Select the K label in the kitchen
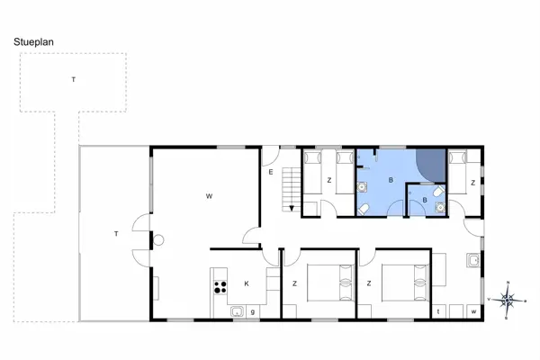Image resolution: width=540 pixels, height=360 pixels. (246, 283)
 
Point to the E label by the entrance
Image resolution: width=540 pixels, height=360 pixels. (269, 172)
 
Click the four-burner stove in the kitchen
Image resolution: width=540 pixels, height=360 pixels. (218, 288)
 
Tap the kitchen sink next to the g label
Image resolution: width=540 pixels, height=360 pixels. (238, 311)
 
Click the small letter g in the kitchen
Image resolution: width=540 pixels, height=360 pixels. (253, 311)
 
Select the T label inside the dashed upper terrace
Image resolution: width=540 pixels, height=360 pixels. (74, 80)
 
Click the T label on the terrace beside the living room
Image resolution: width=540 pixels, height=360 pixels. (116, 234)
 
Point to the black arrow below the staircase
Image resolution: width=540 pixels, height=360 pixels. (292, 209)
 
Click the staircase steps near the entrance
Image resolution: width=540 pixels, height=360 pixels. (292, 186)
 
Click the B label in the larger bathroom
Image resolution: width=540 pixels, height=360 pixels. (390, 180)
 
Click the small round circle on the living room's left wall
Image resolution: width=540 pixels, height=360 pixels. (157, 239)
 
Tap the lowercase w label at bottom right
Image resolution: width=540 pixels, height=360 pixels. (473, 311)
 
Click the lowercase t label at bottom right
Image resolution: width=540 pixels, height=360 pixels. (438, 311)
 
